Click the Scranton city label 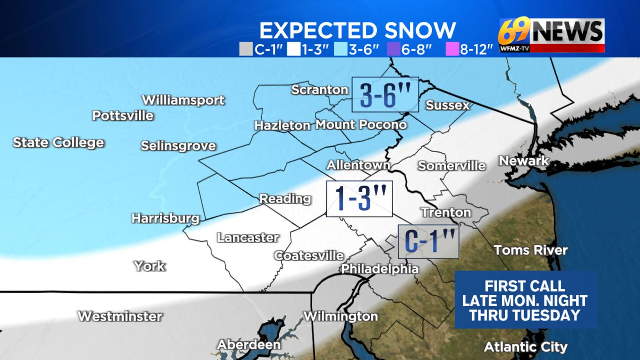(320, 90)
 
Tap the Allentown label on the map (358, 165)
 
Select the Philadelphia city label (380, 269)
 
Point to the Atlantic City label (526, 347)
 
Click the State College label (59, 142)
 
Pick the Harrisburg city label (166, 218)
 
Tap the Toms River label (531, 250)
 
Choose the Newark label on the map (524, 161)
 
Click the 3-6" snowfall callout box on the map (385, 95)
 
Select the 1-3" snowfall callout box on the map (359, 199)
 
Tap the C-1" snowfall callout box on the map (428, 242)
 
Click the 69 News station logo (552, 35)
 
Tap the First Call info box (526, 300)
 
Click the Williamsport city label (183, 100)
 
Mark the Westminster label (120, 316)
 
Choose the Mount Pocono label (361, 125)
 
